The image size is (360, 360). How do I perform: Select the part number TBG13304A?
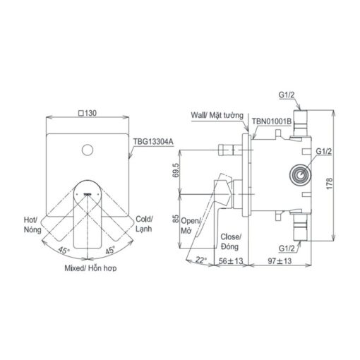pyautogui.click(x=153, y=142)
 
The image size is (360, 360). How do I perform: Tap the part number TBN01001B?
pyautogui.click(x=272, y=121)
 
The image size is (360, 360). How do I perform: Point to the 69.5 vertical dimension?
pyautogui.click(x=176, y=170)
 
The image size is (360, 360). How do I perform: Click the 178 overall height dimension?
pyautogui.click(x=330, y=184)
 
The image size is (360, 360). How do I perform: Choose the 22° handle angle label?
pyautogui.click(x=200, y=260)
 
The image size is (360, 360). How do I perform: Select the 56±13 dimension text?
pyautogui.click(x=231, y=261)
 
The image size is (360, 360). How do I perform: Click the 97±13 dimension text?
pyautogui.click(x=280, y=261)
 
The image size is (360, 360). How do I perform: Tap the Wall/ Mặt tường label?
pyautogui.click(x=217, y=116)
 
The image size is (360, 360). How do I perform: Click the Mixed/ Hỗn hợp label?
pyautogui.click(x=90, y=268)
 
